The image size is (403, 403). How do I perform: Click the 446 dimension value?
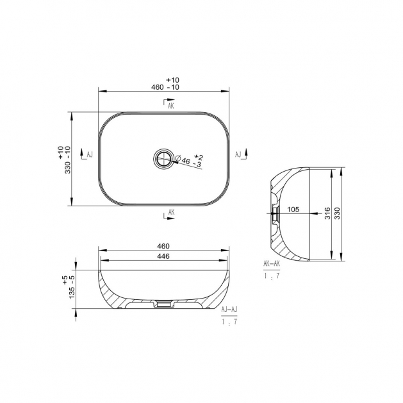tap(163, 256)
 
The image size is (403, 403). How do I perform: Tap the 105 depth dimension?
tap(293, 210)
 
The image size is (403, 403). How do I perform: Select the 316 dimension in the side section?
tap(327, 213)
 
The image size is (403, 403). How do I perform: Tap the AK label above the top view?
tap(171, 106)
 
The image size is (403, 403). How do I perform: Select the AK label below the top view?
tap(172, 212)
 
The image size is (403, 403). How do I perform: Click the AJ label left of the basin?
tap(90, 154)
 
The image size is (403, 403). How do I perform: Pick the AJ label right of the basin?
tap(238, 154)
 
